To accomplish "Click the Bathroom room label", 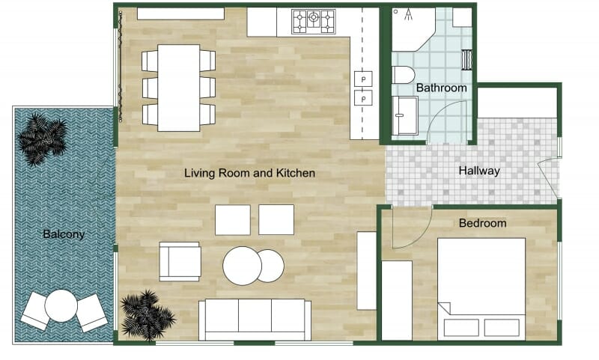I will click(x=441, y=88).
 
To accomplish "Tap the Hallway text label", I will click(x=479, y=171).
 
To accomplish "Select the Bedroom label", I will click(x=482, y=223).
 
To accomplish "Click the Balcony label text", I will click(x=64, y=234).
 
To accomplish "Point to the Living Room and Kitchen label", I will click(x=250, y=173).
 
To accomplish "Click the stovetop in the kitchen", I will click(x=314, y=21).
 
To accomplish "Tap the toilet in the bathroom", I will click(x=403, y=74).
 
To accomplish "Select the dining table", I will click(x=179, y=88).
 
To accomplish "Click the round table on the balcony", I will click(x=61, y=305).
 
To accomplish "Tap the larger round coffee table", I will click(x=242, y=266).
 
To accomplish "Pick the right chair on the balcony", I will click(x=91, y=313).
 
